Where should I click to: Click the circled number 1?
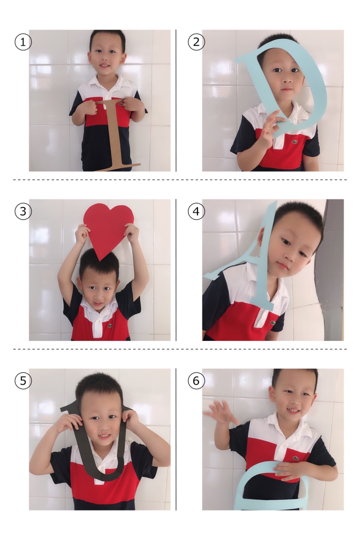click(23, 42)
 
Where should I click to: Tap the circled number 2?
click(196, 42)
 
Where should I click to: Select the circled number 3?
click(23, 211)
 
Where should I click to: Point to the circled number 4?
click(196, 211)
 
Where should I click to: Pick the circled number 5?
click(23, 381)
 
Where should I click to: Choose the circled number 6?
click(196, 381)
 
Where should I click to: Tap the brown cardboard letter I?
click(116, 135)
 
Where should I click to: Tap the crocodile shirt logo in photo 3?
click(110, 325)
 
